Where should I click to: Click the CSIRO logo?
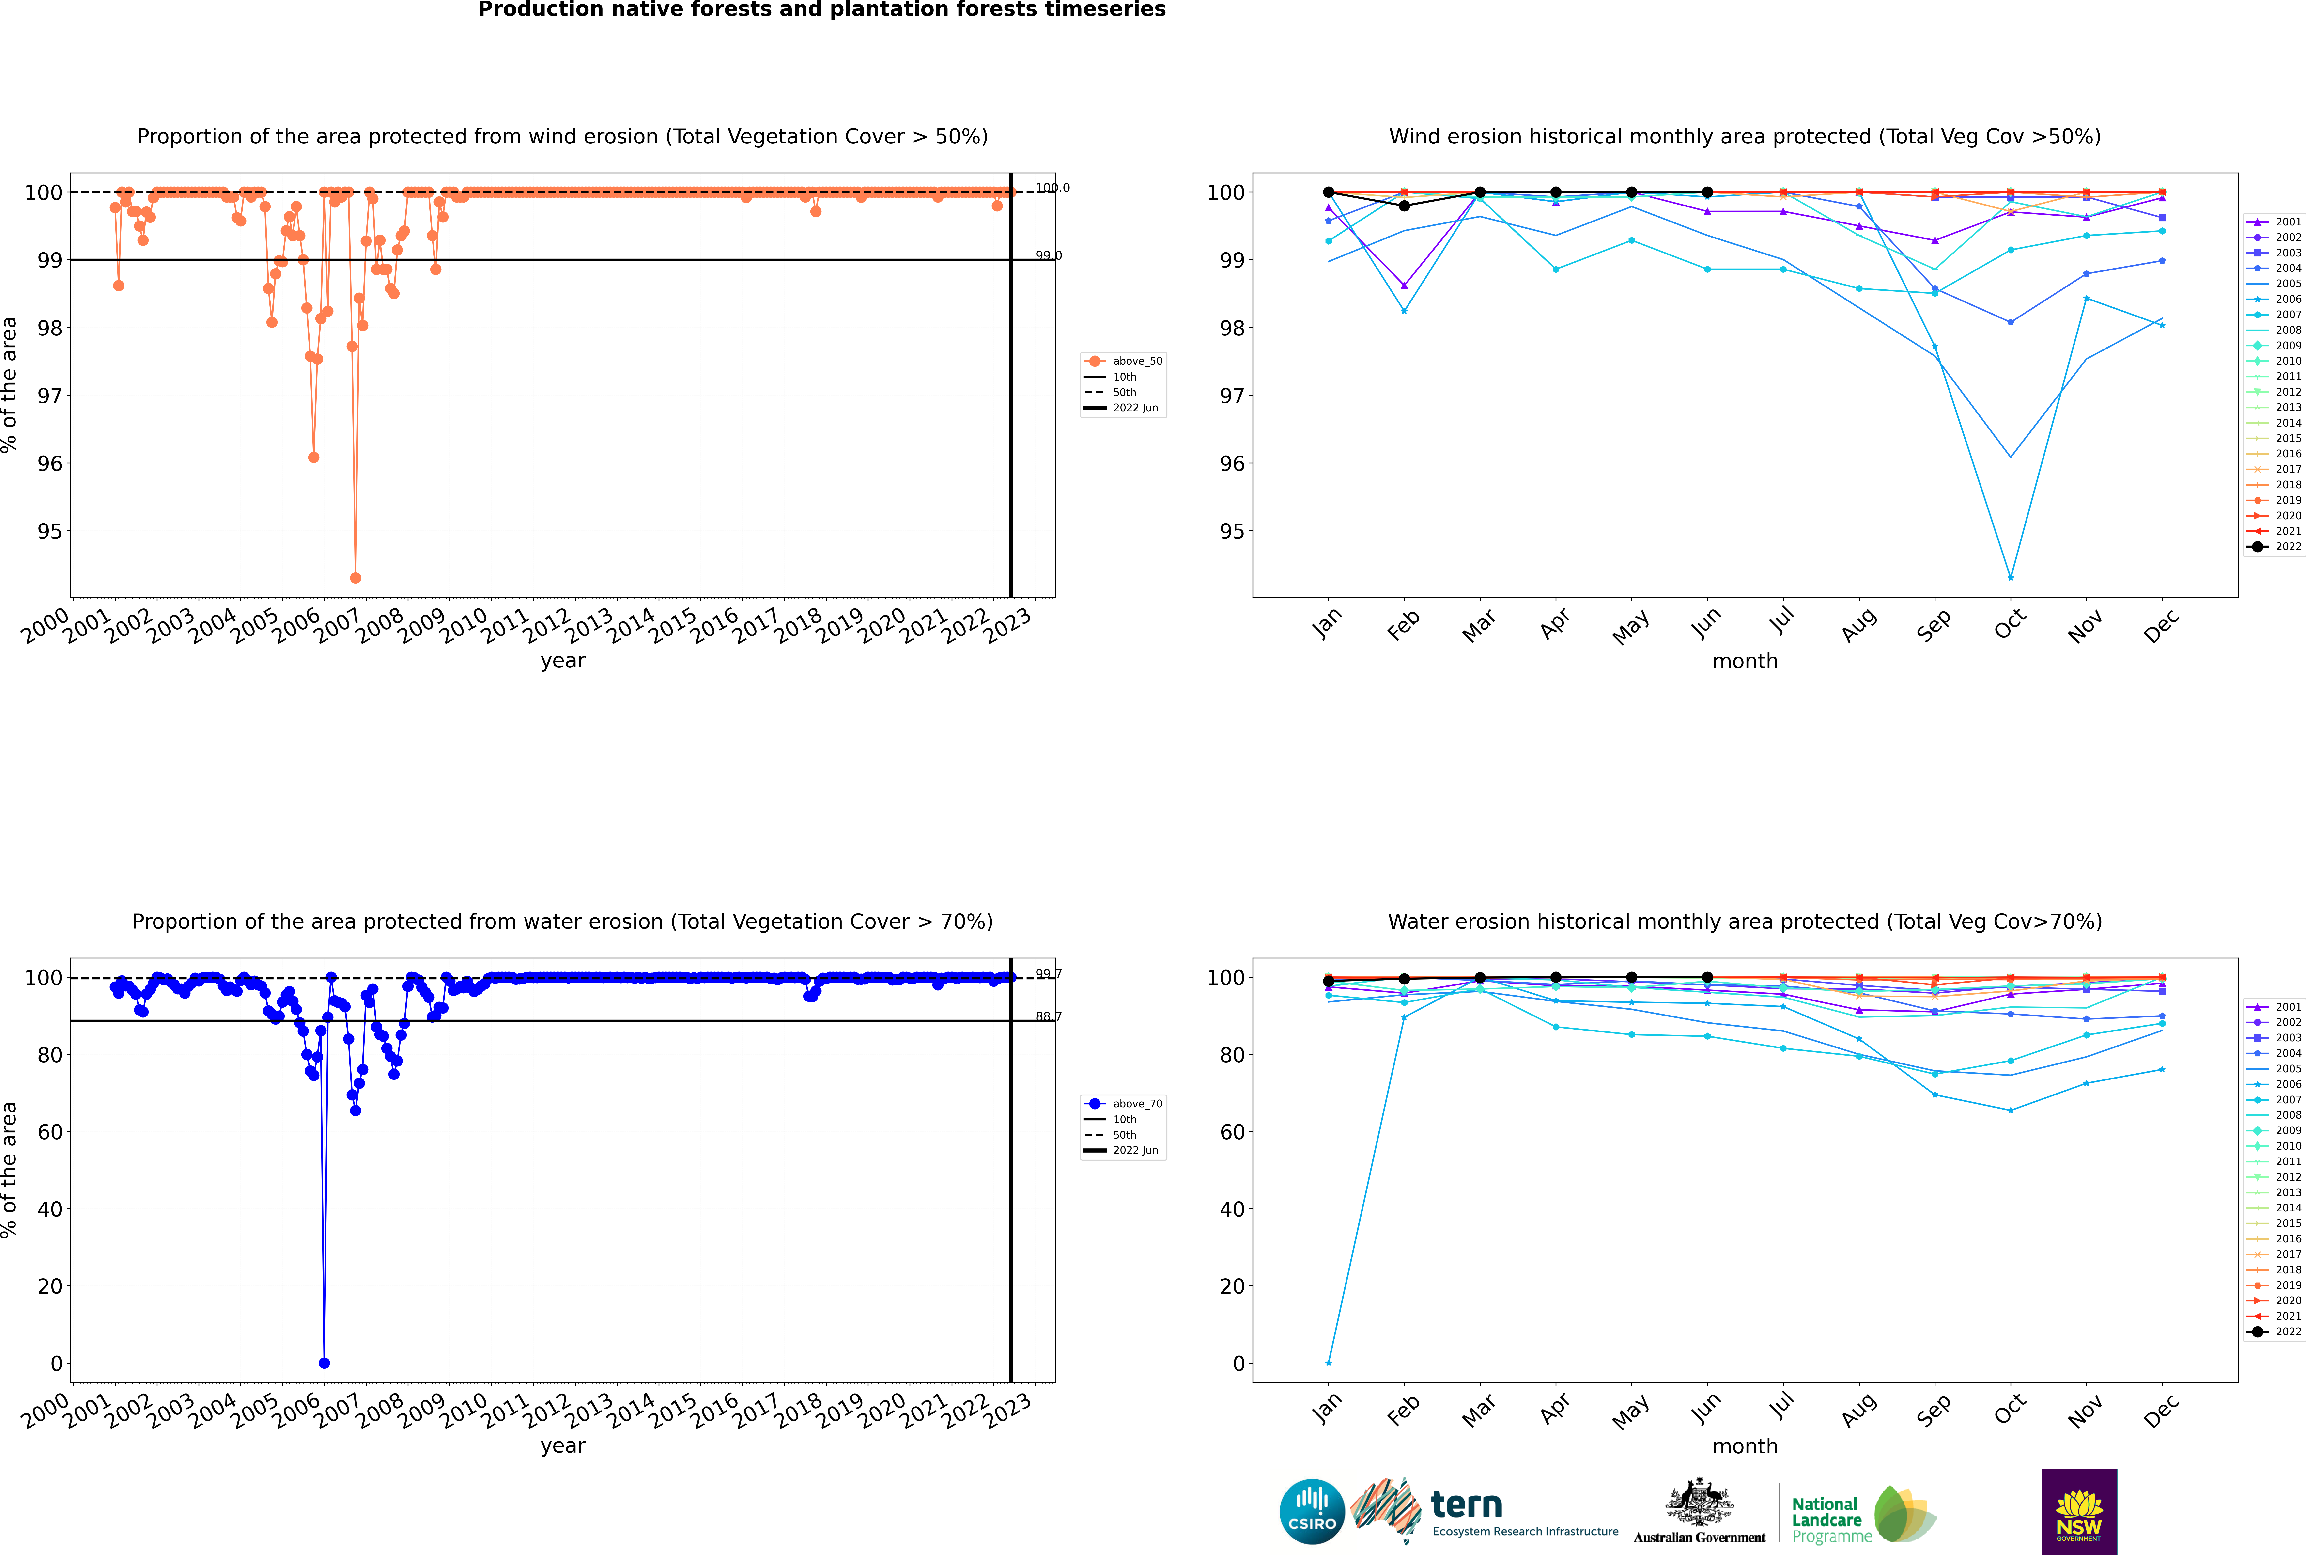tap(1312, 1511)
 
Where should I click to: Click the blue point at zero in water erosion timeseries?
tap(324, 1363)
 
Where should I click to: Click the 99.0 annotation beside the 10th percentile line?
tap(1048, 256)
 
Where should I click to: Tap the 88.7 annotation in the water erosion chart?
tap(1048, 1016)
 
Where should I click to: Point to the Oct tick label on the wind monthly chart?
tap(2010, 625)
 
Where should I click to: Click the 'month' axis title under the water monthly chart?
tap(1745, 1446)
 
